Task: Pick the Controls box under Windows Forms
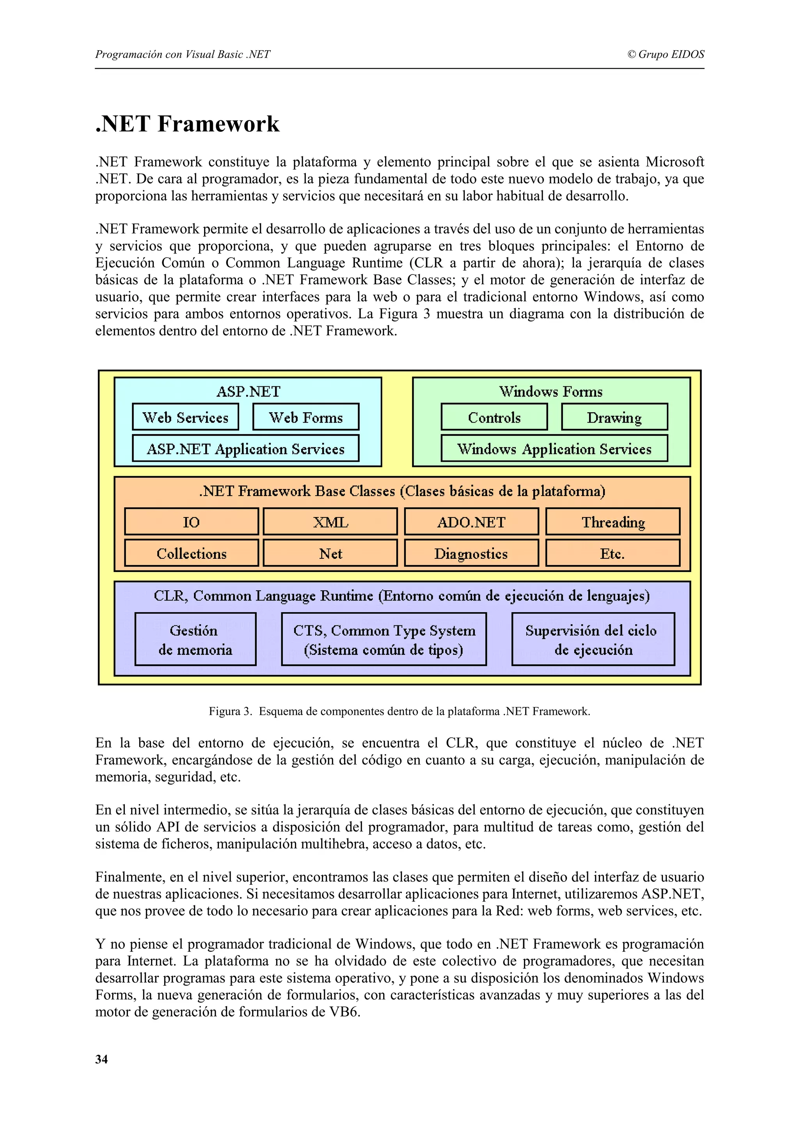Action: point(494,417)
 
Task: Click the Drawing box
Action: point(614,417)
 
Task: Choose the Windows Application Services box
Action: point(554,448)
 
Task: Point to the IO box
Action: point(191,522)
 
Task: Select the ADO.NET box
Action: point(471,522)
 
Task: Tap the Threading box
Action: point(613,522)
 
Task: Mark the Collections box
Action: point(191,553)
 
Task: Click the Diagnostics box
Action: point(471,553)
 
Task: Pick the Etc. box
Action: point(613,553)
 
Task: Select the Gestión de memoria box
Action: point(195,639)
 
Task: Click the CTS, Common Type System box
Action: point(384,639)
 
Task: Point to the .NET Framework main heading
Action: point(188,124)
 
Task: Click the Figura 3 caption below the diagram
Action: point(399,711)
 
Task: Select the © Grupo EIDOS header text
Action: point(666,54)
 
